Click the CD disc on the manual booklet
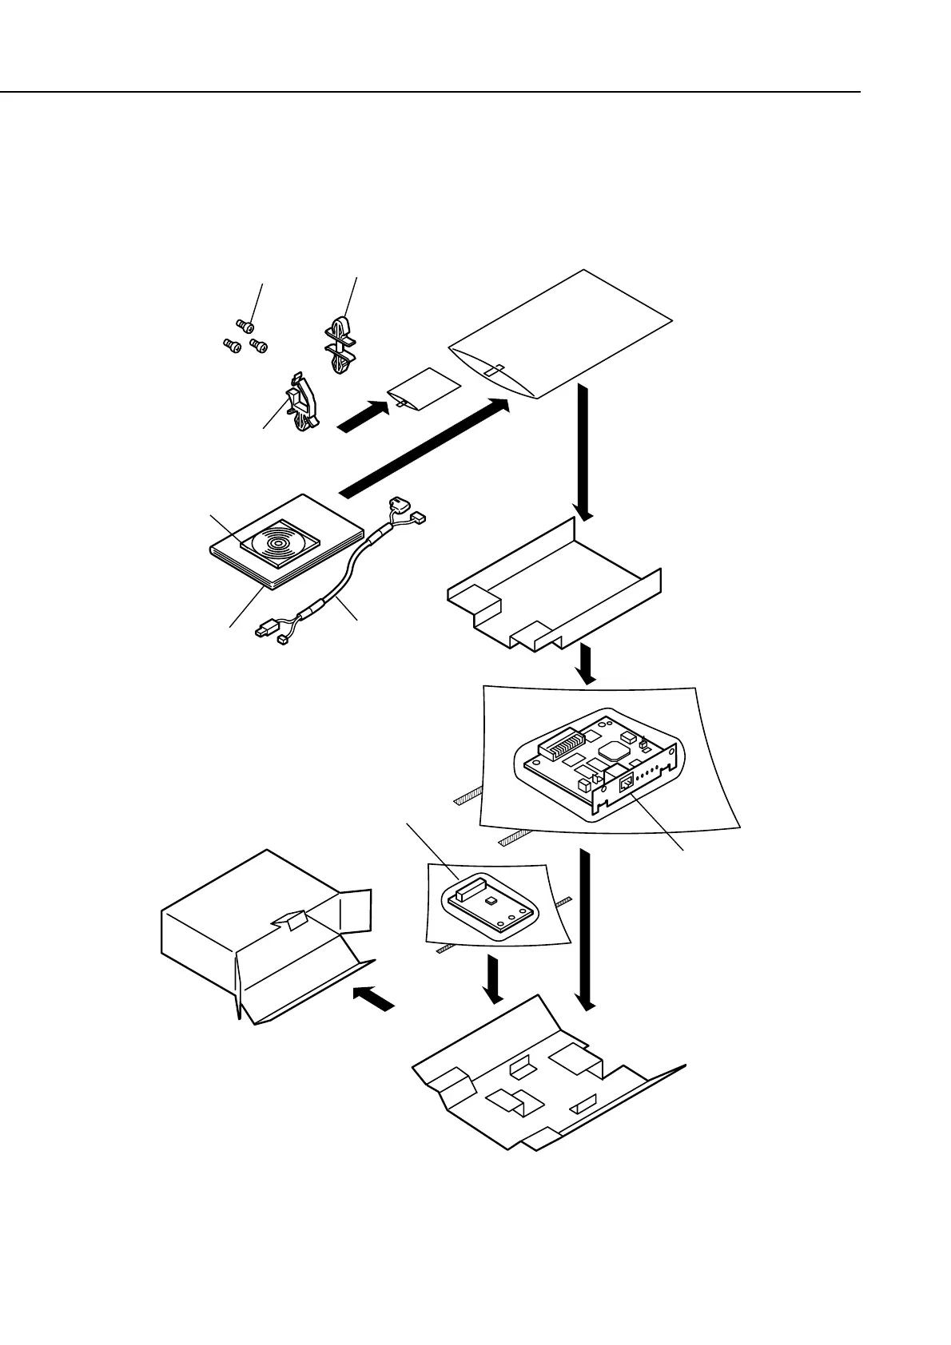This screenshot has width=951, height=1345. (x=274, y=541)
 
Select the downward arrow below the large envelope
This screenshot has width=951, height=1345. (x=582, y=451)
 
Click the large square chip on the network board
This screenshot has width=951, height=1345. (x=617, y=748)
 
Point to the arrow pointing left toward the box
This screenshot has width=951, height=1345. (x=373, y=998)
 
